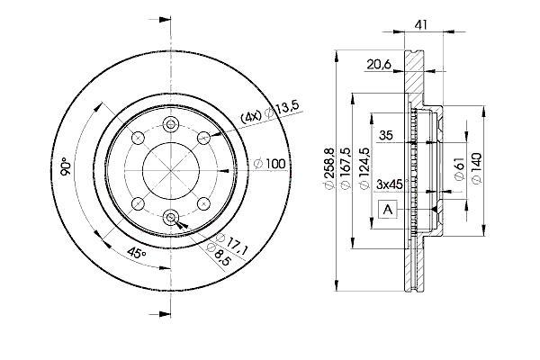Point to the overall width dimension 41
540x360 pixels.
(x=421, y=25)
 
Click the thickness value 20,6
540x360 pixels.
(x=379, y=64)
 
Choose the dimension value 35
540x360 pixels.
(x=386, y=135)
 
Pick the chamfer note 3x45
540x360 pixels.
(x=391, y=184)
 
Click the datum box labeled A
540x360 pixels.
(x=388, y=209)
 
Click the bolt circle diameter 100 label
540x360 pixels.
(x=270, y=164)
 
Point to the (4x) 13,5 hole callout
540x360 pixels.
(x=270, y=112)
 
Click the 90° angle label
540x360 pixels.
(x=66, y=166)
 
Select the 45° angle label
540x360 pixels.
(x=137, y=254)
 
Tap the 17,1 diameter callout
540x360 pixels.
(x=232, y=244)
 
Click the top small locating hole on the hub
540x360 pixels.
(x=171, y=124)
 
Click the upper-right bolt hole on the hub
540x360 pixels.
(x=204, y=138)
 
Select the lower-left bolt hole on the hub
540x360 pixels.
(x=138, y=204)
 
